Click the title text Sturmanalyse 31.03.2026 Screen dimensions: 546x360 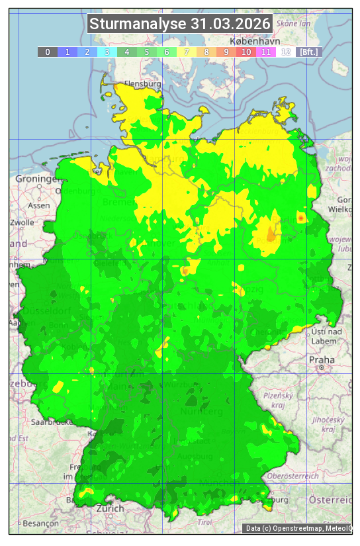[x=180, y=24]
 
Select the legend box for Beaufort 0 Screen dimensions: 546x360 [x=47, y=52]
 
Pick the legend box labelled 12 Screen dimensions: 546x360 [x=285, y=52]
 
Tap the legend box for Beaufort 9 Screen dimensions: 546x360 [x=226, y=52]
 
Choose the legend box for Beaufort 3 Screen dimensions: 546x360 [x=107, y=52]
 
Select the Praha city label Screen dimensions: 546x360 [x=321, y=359]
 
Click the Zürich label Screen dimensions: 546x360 [x=109, y=508]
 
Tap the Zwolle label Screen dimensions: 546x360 [x=21, y=222]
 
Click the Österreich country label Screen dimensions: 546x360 [x=334, y=498]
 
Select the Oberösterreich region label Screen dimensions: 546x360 [x=293, y=475]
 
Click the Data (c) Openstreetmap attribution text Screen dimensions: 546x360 [x=298, y=528]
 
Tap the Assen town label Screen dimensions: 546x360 [x=39, y=205]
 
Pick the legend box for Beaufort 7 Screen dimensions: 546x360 [x=186, y=52]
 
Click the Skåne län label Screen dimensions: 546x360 [x=293, y=23]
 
